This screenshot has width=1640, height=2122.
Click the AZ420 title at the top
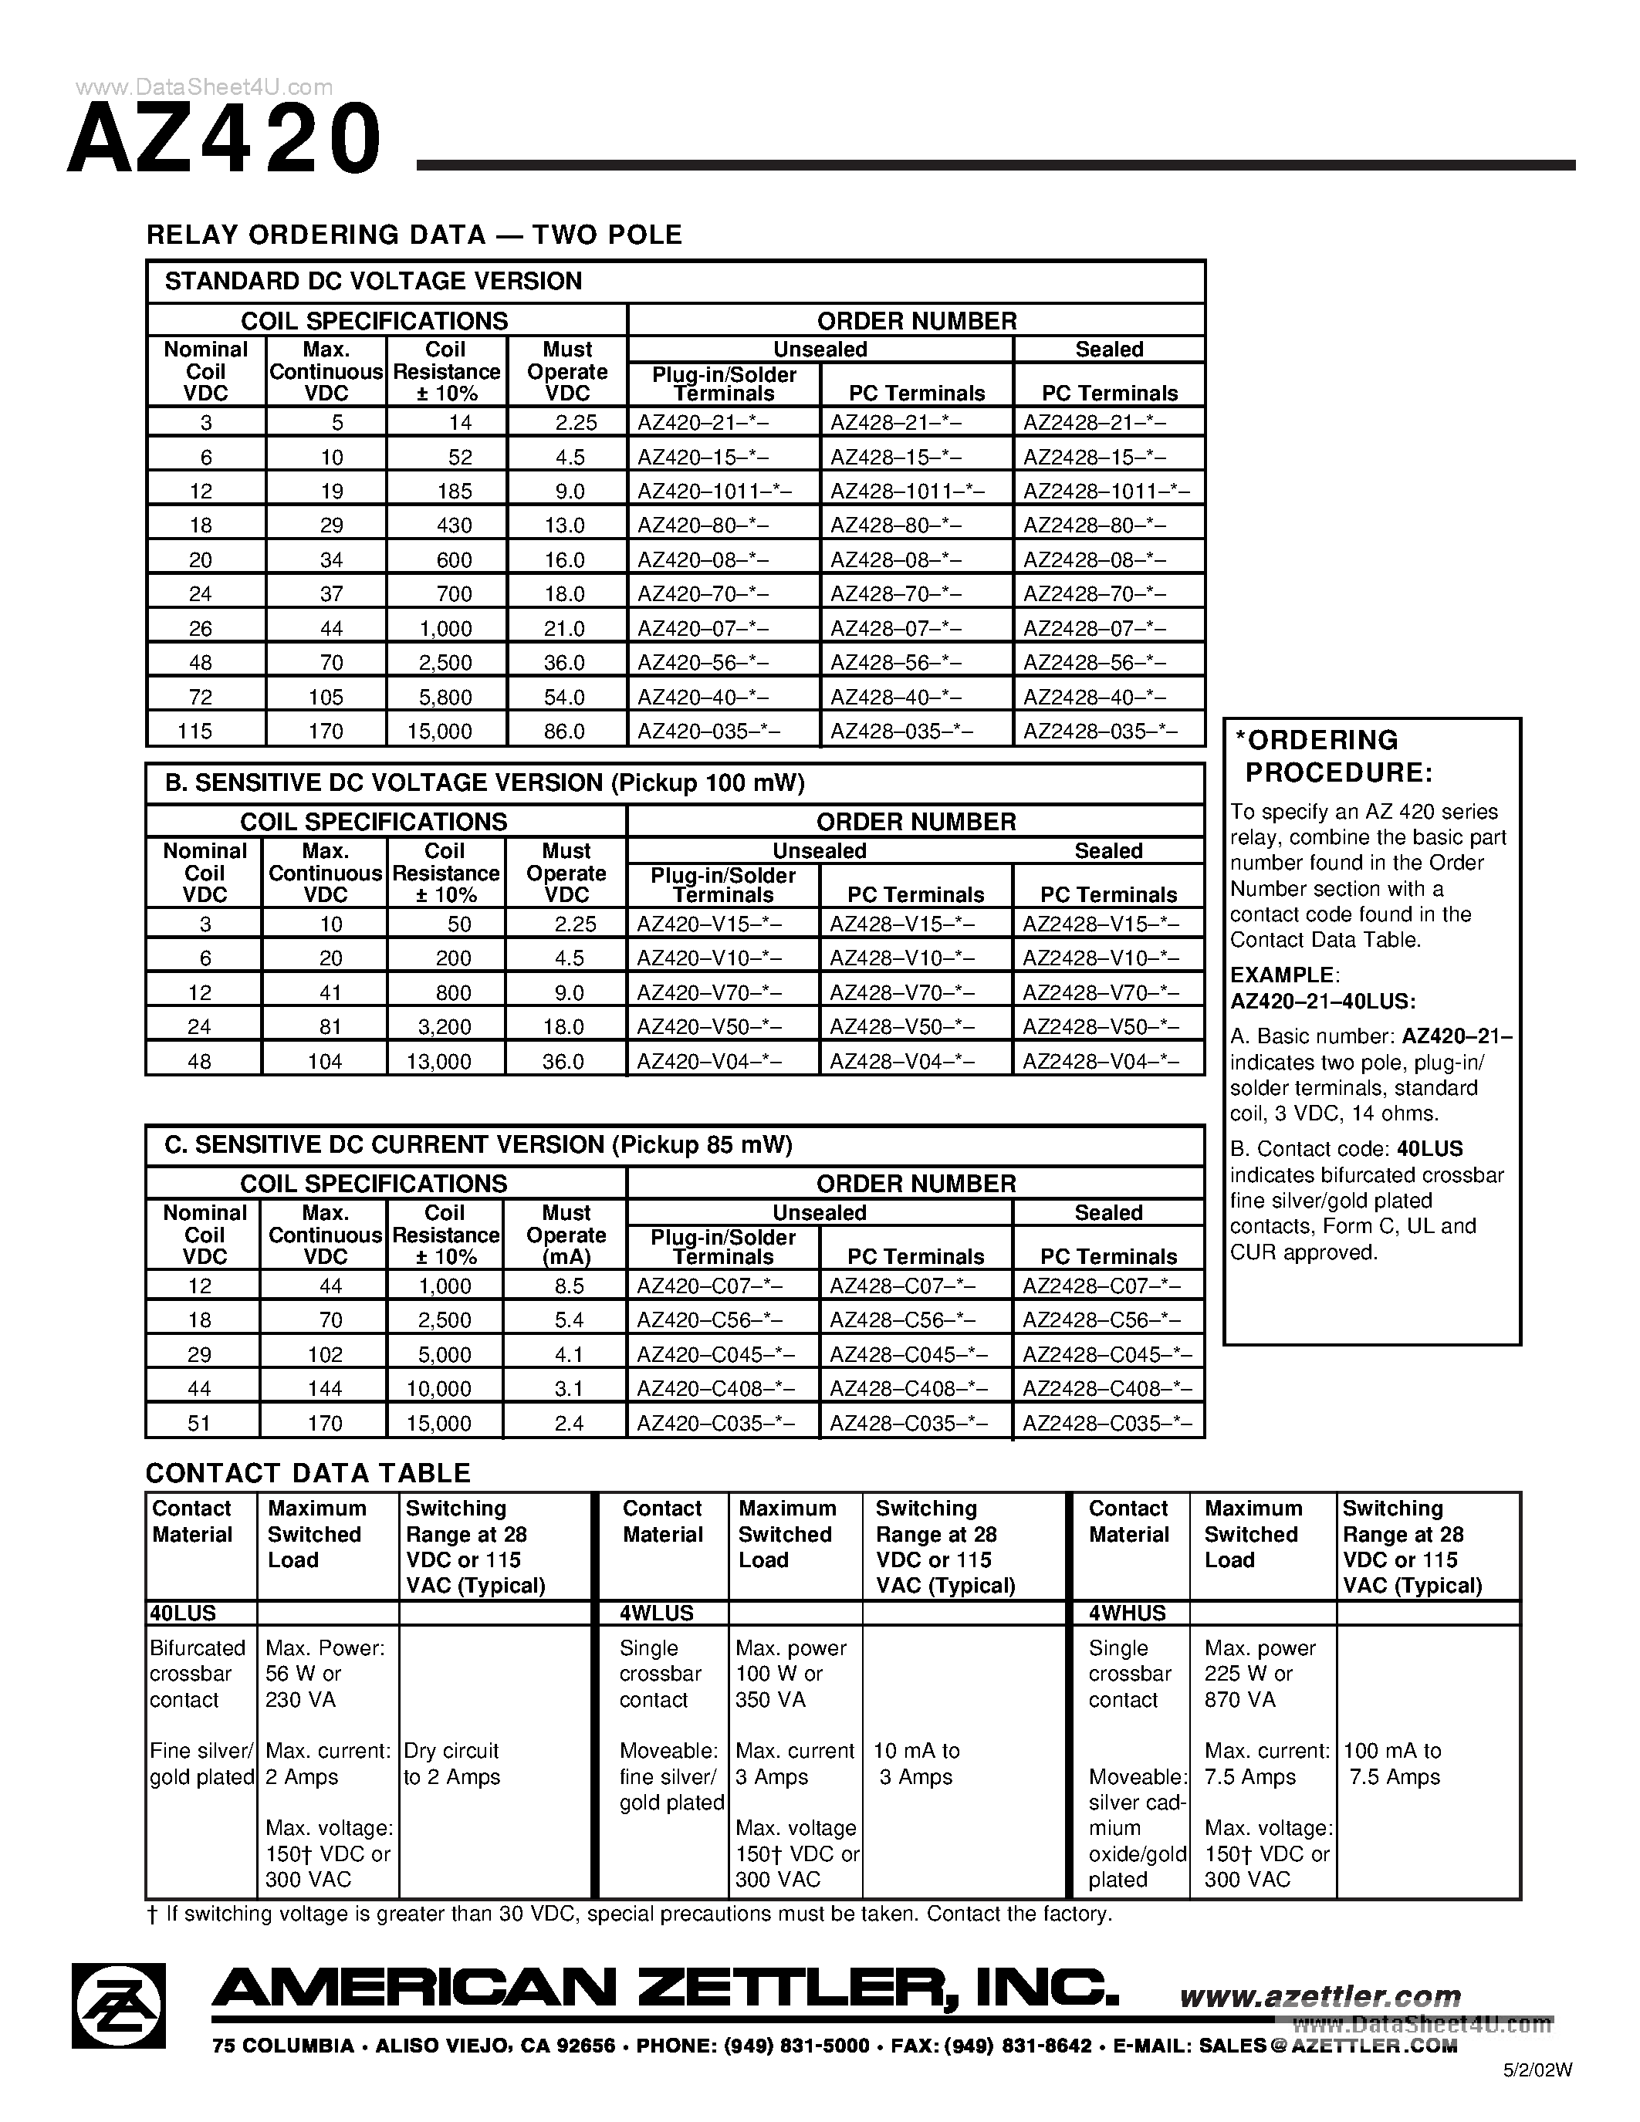pos(225,140)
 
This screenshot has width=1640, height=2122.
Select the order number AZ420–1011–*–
pos(714,492)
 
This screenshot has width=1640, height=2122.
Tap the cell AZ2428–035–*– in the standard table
pos(1101,732)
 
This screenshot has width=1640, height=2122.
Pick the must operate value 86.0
pos(564,732)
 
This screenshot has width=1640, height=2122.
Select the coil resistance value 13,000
pos(438,1062)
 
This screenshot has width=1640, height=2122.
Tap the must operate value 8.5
pos(568,1286)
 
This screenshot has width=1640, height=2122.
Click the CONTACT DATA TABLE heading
pos(308,1474)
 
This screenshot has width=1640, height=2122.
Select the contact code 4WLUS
pos(658,1613)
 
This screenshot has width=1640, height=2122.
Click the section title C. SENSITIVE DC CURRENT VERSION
pos(478,1146)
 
